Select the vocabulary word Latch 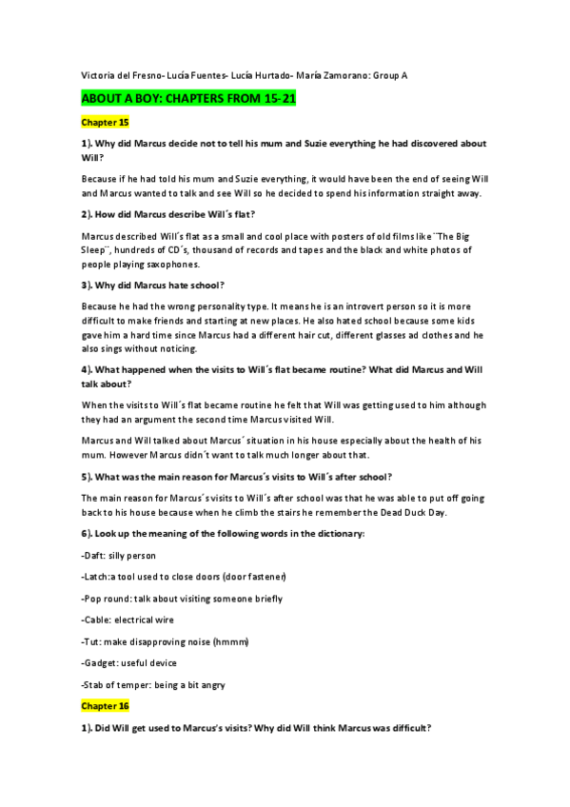[98, 577]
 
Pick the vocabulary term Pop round [108, 598]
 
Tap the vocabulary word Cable [98, 620]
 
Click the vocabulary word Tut [93, 641]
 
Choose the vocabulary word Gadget [102, 662]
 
